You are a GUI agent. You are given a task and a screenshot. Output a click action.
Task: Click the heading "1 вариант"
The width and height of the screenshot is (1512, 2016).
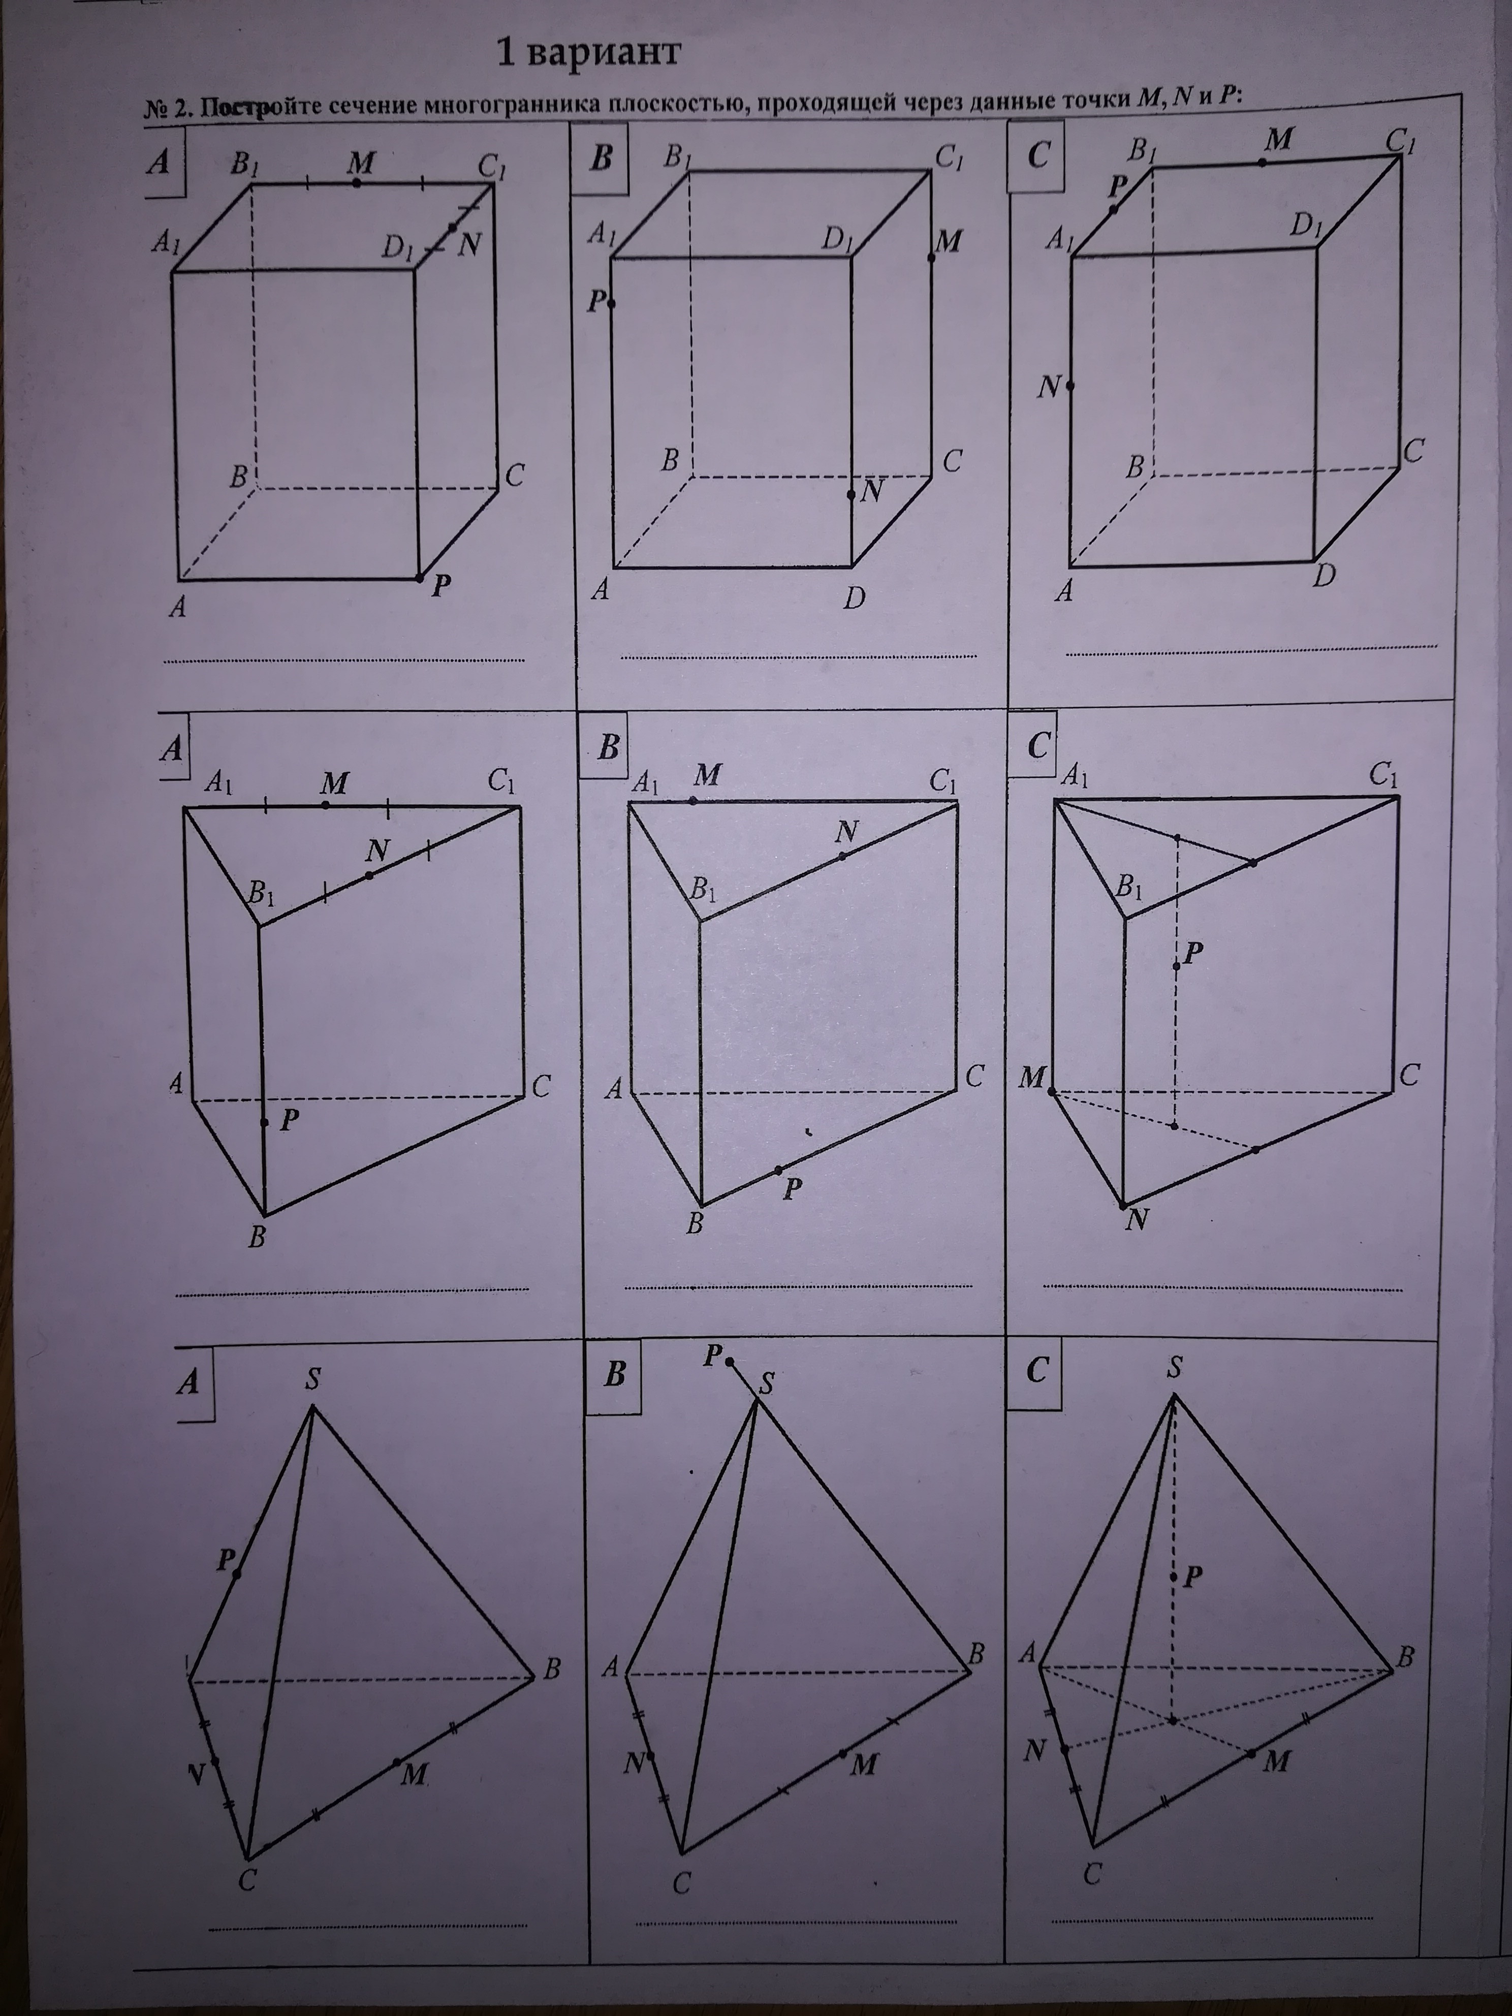point(589,53)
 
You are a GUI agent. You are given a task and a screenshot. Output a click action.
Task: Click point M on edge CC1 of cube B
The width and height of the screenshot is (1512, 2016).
point(931,258)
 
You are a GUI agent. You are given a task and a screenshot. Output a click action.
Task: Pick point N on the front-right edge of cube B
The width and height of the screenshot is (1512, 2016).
point(851,495)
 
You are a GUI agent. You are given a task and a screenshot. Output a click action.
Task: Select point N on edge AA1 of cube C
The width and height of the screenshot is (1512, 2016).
point(1070,387)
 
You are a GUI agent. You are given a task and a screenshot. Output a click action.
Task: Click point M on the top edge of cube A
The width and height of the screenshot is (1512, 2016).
point(356,182)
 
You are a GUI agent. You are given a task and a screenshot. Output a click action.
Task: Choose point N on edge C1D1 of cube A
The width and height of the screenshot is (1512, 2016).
point(453,227)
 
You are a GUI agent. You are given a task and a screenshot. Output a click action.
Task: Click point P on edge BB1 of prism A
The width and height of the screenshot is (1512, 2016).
point(264,1122)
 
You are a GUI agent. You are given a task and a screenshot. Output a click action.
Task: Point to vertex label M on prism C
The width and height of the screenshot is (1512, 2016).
point(1032,1078)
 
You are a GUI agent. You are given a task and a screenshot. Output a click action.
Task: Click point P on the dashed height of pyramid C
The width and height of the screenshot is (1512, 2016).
point(1175,1578)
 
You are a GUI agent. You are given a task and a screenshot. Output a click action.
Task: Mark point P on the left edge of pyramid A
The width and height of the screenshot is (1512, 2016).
point(237,1574)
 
